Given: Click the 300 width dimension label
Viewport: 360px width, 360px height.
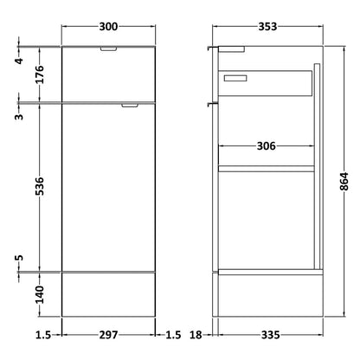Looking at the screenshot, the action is coord(108,27).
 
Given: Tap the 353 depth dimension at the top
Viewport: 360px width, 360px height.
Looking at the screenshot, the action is coord(267,27).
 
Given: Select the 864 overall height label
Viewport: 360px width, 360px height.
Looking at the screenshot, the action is coord(344,182).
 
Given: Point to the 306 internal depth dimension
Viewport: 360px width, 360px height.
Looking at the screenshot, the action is coord(266,146).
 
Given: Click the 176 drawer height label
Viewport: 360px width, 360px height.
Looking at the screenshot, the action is coord(41,74).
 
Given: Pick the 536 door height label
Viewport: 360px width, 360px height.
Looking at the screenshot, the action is coord(41,186).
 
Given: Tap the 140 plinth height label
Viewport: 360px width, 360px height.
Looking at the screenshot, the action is coord(41,294).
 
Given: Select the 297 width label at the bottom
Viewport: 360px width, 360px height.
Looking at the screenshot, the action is coord(108,335).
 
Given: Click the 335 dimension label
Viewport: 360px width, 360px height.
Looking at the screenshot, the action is coord(270,335).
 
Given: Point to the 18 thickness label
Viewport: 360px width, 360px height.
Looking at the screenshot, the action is coord(196,335).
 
